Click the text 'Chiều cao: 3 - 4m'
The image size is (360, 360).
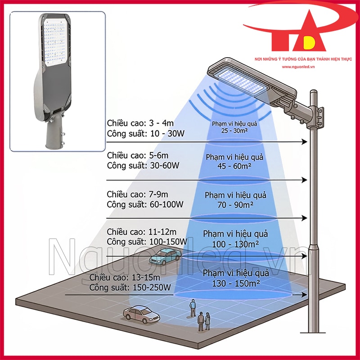(x=140, y=123)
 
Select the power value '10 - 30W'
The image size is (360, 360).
(x=167, y=134)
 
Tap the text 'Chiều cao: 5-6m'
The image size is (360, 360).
(x=138, y=155)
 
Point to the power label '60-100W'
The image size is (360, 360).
(x=166, y=204)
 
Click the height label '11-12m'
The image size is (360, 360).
(x=162, y=232)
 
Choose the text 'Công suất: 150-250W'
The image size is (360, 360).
(x=130, y=288)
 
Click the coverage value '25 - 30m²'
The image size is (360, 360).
(x=234, y=131)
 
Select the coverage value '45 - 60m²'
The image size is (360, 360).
(x=234, y=166)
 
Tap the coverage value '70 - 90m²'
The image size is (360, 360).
(x=235, y=205)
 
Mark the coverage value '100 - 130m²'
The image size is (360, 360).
(x=235, y=244)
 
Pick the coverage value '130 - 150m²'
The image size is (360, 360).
(x=236, y=283)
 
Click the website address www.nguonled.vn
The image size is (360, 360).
(x=298, y=67)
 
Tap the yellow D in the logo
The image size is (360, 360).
(x=310, y=42)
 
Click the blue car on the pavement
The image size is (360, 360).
(x=165, y=256)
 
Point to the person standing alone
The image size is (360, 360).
(x=193, y=308)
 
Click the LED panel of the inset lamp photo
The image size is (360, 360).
(x=55, y=42)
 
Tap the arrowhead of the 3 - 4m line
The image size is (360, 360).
(x=305, y=142)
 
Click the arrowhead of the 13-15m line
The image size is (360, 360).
(x=305, y=295)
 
